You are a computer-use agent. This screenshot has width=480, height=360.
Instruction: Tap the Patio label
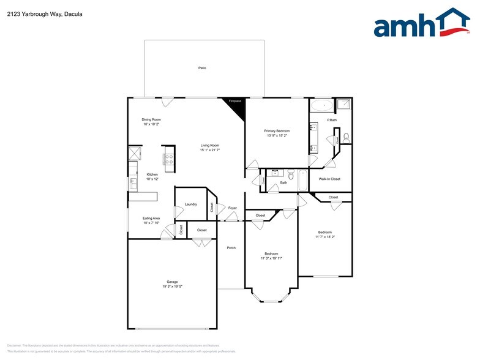pyautogui.click(x=202, y=68)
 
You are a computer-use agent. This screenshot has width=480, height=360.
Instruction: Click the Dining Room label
pyautogui.click(x=151, y=119)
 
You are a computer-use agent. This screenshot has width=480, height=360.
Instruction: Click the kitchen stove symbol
pyautogui.click(x=169, y=159)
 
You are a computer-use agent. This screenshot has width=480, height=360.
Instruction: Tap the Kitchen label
pyautogui.click(x=152, y=174)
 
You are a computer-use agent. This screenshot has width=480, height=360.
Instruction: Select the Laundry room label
pyautogui.click(x=190, y=204)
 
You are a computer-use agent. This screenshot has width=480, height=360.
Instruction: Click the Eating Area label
pyautogui.click(x=151, y=218)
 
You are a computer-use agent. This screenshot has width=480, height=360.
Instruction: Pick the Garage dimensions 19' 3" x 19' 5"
pyautogui.click(x=172, y=287)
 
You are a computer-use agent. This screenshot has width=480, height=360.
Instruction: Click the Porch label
pyautogui.click(x=231, y=248)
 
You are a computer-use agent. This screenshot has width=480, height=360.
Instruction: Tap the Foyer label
pyautogui.click(x=233, y=208)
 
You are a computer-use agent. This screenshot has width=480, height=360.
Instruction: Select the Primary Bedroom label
pyautogui.click(x=277, y=131)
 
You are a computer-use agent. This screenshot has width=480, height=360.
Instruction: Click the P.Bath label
pyautogui.click(x=331, y=120)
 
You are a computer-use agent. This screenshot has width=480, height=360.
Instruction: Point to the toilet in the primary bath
pyautogui.click(x=346, y=137)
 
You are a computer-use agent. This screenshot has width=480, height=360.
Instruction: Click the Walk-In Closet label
pyautogui.click(x=329, y=179)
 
